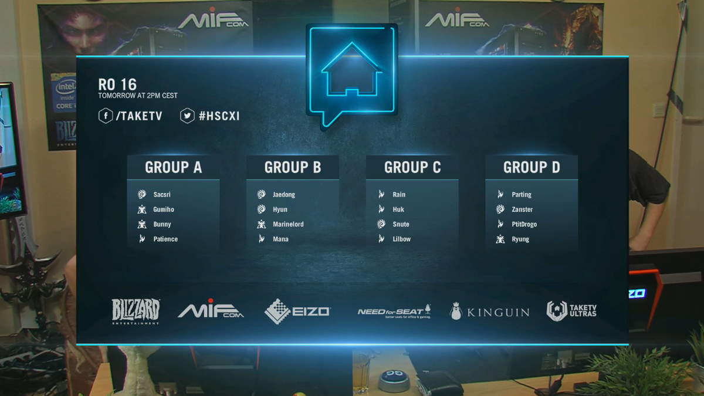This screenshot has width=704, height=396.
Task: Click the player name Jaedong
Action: [284, 195]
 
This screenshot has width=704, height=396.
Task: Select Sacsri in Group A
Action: [162, 195]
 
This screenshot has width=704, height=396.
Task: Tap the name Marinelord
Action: [288, 225]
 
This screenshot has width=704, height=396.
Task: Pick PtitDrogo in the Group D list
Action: [524, 225]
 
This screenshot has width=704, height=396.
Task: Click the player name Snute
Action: [401, 225]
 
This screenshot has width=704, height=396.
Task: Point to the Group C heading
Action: [412, 168]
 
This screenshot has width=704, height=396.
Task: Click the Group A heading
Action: [173, 168]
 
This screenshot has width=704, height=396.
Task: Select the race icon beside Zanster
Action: [500, 209]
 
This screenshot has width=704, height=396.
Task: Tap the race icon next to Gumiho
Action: [142, 209]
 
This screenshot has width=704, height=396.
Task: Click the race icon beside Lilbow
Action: [381, 239]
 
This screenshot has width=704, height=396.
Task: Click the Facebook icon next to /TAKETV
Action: [106, 116]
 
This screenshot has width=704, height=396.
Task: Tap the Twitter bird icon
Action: [187, 116]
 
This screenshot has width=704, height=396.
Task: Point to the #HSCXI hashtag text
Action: [219, 116]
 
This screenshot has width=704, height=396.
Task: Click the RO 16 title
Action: [118, 84]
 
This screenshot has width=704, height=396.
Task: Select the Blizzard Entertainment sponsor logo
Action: [136, 311]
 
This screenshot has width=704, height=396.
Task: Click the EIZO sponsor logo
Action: [297, 311]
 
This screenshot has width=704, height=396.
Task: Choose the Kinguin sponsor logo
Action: [489, 312]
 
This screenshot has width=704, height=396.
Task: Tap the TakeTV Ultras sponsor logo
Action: [571, 311]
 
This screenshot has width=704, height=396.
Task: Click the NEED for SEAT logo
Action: [394, 312]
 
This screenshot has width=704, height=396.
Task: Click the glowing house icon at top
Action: [352, 73]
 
